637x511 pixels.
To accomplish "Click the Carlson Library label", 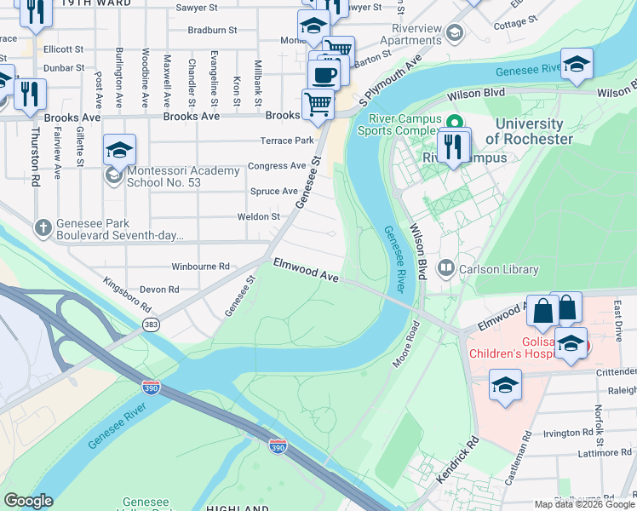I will (499, 270).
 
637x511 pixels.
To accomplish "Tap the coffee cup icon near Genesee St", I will (323, 74).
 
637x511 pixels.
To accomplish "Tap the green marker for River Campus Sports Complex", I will (454, 122).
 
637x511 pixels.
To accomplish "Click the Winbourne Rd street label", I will (200, 267).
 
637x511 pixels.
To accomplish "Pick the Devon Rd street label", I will (161, 290).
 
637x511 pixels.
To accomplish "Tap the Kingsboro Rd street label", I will (127, 294).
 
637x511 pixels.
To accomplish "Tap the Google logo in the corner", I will (28, 501).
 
